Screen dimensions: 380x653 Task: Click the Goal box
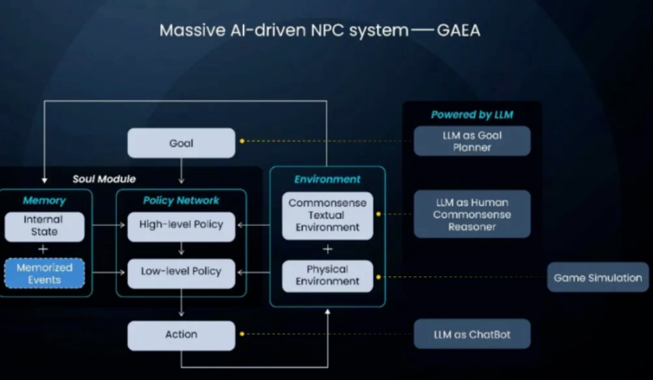tap(181, 143)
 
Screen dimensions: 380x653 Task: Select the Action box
tap(181, 335)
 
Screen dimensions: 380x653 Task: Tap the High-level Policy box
tap(181, 225)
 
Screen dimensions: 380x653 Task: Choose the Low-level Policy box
tap(181, 272)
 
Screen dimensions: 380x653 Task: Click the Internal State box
tap(43, 226)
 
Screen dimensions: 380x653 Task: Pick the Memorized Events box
tap(44, 274)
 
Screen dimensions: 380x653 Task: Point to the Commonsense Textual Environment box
tap(326, 215)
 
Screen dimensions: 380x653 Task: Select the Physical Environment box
tap(326, 275)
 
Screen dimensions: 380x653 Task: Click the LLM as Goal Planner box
tap(471, 141)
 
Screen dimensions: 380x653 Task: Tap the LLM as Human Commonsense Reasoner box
tap(472, 214)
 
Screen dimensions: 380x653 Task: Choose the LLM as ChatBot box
tap(471, 335)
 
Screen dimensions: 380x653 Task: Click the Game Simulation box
tap(598, 278)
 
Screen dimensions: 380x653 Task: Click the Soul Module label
tap(104, 179)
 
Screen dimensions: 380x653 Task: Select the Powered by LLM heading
tap(471, 114)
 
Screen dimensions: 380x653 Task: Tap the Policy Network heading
tap(181, 201)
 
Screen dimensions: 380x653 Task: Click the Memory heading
tap(44, 201)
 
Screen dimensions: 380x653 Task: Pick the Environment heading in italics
tap(327, 180)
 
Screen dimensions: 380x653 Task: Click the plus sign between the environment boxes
tap(326, 248)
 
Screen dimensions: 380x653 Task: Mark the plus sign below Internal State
tap(43, 249)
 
